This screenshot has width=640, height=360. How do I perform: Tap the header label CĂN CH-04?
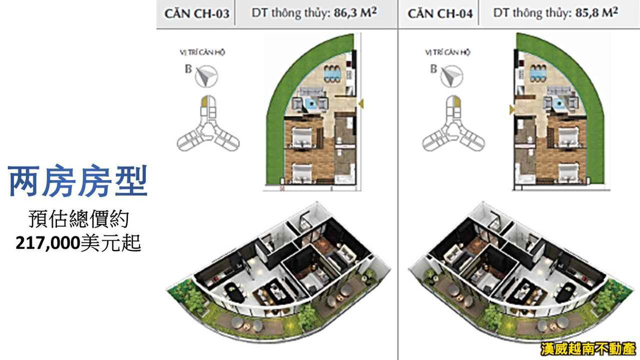coord(437,14)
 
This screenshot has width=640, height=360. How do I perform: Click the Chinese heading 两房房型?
coord(78,182)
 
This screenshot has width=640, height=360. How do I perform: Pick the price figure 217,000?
coord(47,244)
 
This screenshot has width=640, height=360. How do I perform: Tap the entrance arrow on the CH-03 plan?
coord(361,104)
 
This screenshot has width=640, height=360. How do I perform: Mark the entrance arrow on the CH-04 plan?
coord(511,110)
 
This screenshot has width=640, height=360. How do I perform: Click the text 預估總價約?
coord(78,220)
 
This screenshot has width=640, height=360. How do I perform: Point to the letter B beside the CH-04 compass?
coord(434,69)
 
